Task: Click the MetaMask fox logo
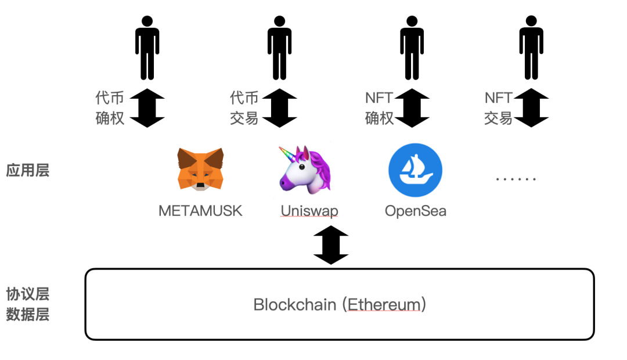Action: click(x=200, y=169)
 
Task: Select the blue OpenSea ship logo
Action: click(x=415, y=171)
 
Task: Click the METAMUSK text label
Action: click(x=200, y=210)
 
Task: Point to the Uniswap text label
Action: click(x=309, y=210)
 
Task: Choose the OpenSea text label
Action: click(x=416, y=210)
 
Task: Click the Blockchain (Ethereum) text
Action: click(x=340, y=304)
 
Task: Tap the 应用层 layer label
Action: click(x=27, y=171)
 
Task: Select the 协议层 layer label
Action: click(x=27, y=293)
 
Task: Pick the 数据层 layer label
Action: click(x=27, y=315)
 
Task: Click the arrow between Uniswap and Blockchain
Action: click(x=331, y=245)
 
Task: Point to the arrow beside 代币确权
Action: click(x=147, y=108)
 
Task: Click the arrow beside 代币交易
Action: click(x=280, y=108)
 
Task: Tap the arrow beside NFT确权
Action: click(x=412, y=108)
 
